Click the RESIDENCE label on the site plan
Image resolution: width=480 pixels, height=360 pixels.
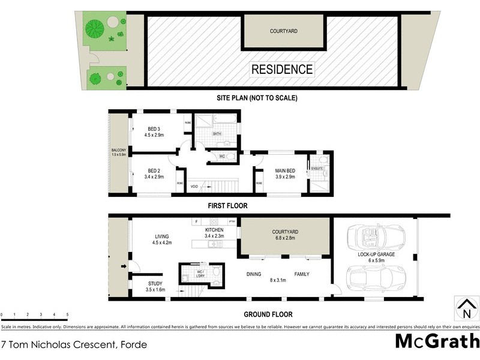click(281, 69)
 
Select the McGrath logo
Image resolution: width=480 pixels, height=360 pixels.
click(437, 341)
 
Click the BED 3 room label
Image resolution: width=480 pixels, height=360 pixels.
click(154, 129)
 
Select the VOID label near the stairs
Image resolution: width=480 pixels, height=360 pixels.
click(194, 187)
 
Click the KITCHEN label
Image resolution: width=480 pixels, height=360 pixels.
click(214, 230)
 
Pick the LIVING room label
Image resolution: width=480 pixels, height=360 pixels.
click(161, 236)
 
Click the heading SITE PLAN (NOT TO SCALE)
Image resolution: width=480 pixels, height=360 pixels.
click(257, 98)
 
